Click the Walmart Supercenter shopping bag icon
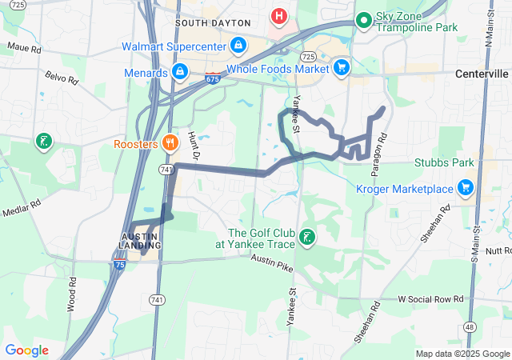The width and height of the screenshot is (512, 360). tap(238, 46)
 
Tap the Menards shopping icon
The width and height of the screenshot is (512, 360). tap(180, 73)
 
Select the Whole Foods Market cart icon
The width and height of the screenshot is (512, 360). tap(342, 68)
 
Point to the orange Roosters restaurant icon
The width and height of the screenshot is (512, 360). tap(169, 144)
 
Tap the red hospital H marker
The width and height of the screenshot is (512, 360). tap(278, 15)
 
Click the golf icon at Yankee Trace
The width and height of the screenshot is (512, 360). tap(307, 237)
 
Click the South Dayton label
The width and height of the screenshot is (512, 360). tap(208, 23)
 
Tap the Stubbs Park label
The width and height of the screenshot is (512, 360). tap(444, 163)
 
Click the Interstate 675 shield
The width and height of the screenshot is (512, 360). tap(212, 79)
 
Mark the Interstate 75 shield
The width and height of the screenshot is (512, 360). tap(118, 265)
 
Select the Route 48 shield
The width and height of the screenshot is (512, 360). tap(469, 327)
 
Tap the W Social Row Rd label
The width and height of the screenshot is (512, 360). tap(431, 298)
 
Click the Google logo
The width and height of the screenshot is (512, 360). tap(26, 350)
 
